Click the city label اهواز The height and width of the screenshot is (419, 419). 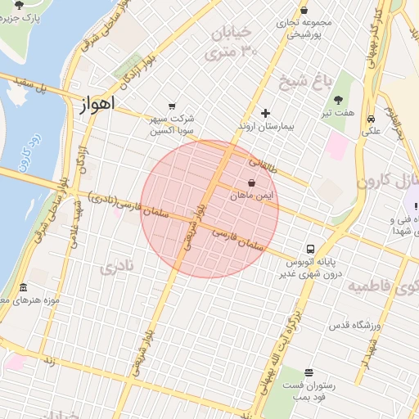(98, 104)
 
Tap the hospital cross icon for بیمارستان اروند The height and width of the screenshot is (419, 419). (265, 113)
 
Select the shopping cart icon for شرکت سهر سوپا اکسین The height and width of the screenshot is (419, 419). (171, 106)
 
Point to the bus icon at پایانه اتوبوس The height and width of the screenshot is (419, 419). (310, 248)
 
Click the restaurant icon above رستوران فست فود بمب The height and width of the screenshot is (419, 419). (308, 372)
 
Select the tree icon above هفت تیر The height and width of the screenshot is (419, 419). (339, 98)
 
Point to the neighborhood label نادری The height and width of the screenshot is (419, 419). (115, 268)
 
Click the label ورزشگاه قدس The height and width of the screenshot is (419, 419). (357, 326)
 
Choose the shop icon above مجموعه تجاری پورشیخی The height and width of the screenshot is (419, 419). (304, 10)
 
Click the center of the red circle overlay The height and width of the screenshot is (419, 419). (209, 209)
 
